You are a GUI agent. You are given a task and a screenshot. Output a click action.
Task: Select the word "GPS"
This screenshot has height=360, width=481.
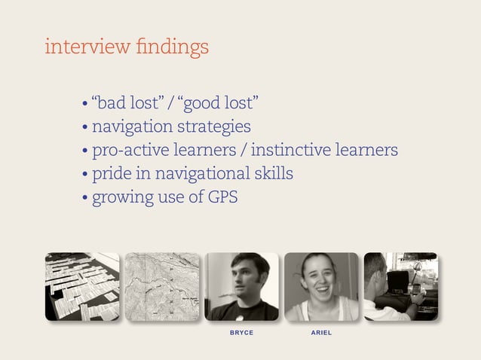point(222,198)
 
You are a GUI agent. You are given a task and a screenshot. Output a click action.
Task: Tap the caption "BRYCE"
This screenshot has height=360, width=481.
point(241,332)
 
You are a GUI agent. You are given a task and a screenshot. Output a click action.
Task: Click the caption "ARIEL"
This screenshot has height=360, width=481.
point(321,332)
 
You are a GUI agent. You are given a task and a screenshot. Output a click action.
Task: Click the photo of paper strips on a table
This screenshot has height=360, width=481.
point(82,286)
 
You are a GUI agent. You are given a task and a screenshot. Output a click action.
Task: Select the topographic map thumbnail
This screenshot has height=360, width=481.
point(161,286)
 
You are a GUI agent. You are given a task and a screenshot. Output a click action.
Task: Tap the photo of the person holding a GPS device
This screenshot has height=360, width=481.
point(400,286)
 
